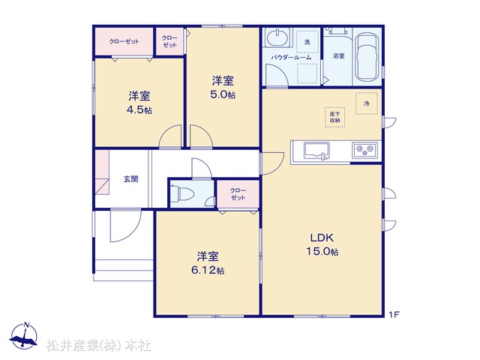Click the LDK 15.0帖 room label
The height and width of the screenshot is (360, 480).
click(322, 244)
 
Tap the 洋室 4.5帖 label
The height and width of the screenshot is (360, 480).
click(139, 103)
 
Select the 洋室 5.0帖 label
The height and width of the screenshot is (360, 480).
click(223, 88)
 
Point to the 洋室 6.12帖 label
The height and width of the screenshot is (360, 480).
click(208, 263)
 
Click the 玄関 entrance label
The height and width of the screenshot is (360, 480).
click(130, 179)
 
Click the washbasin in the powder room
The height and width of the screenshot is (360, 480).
click(277, 38)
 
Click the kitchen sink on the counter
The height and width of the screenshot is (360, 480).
click(316, 151)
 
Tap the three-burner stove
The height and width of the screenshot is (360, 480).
click(364, 150)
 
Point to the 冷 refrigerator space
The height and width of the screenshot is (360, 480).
click(367, 103)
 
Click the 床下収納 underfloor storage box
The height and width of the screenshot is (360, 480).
click(335, 117)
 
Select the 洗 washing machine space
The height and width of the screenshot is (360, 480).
click(307, 42)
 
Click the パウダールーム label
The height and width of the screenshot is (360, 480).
click(291, 57)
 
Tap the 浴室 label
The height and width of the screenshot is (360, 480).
click(338, 56)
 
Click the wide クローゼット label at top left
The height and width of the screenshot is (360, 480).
click(124, 42)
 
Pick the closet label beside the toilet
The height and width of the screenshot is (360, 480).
click(238, 194)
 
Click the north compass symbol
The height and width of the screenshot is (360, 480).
click(24, 335)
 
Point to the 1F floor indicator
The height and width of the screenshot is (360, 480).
click(394, 314)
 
